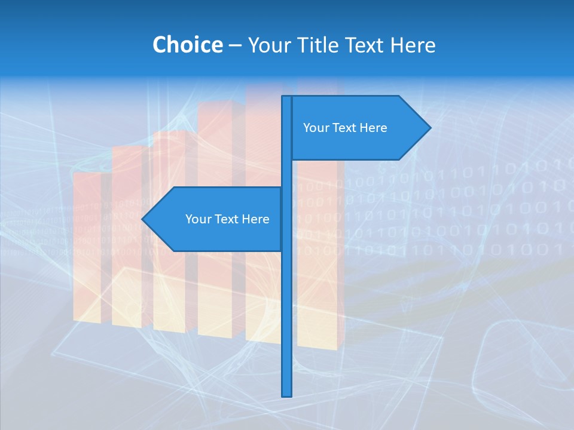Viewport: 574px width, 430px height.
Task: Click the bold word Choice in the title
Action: point(187,45)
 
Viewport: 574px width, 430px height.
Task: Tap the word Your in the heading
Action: point(268,45)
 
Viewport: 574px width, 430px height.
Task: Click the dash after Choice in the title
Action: point(235,45)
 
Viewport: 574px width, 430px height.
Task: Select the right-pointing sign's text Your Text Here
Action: point(345,128)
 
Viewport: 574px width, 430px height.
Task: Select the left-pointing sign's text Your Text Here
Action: point(227,219)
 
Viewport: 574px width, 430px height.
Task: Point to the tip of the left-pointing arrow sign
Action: point(143,219)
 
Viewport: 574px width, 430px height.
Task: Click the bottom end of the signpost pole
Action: point(287,395)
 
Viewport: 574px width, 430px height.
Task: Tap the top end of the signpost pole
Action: point(287,97)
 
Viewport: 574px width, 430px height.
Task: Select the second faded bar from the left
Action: point(127,239)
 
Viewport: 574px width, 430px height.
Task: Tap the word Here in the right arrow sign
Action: point(374,128)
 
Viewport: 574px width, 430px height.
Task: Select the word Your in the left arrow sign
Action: point(198,219)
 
